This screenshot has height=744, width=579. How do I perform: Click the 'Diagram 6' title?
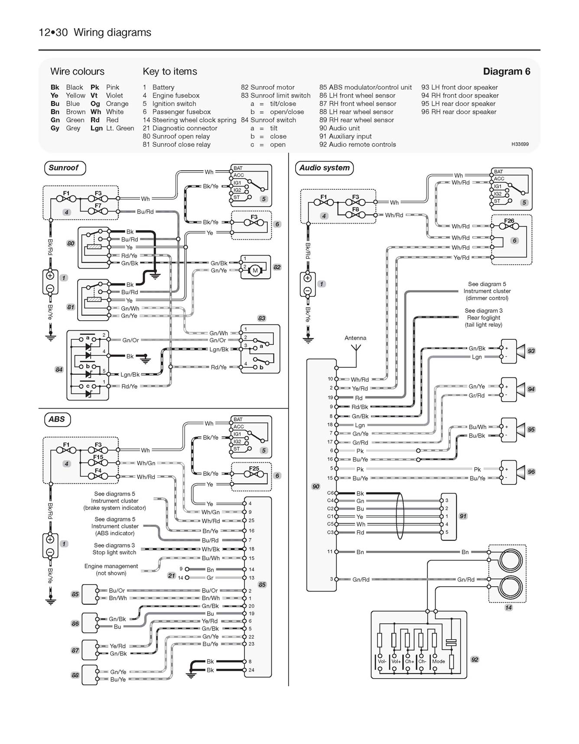pos(506,71)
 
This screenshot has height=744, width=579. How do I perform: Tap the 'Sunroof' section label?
pos(64,168)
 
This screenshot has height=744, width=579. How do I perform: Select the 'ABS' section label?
pos(57,419)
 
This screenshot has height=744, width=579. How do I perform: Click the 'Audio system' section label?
pos(324,168)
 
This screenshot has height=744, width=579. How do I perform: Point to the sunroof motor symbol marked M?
pos(255,271)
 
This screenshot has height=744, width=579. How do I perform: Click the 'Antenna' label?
pos(355,338)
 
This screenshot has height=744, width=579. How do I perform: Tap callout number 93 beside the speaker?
pos(531,351)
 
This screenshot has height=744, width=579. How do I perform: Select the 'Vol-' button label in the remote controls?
pos(382,661)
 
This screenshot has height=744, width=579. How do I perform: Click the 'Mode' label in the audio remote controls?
pos(438,661)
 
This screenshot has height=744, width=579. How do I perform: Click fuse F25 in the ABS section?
pos(254,469)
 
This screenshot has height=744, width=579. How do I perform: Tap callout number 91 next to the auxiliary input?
pos(463,516)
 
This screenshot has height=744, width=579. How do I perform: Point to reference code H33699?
pos(520,144)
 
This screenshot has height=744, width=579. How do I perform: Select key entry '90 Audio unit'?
pos(339,128)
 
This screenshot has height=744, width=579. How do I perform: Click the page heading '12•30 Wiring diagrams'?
pos(95,32)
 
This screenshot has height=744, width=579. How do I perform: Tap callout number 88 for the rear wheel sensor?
pos(75,675)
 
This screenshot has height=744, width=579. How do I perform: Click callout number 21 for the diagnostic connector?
pos(172,575)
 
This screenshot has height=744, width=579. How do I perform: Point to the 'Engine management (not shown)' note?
pos(111,569)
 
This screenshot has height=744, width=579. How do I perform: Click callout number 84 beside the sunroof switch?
pos(59,370)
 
